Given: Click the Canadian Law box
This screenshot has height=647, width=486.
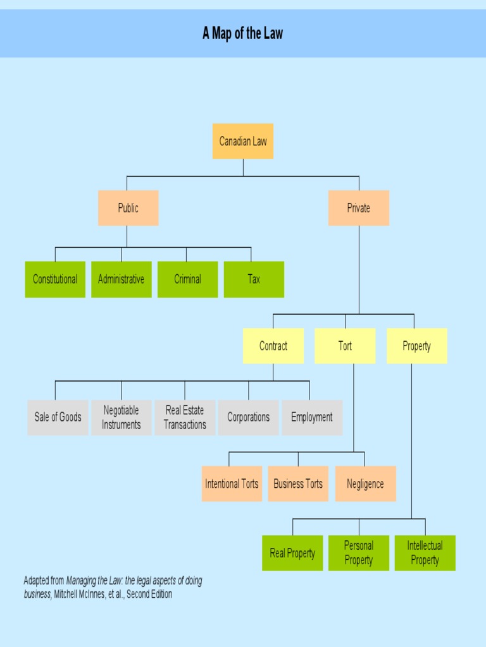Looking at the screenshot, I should pyautogui.click(x=243, y=141).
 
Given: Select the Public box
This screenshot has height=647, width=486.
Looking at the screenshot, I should pyautogui.click(x=128, y=208).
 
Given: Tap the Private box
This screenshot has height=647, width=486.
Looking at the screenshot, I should pyautogui.click(x=358, y=208).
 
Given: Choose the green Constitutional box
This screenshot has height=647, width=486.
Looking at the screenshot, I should pyautogui.click(x=55, y=279).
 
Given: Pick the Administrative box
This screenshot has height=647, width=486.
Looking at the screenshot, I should pyautogui.click(x=121, y=279).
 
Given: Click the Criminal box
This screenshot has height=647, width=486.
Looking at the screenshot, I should pyautogui.click(x=187, y=279).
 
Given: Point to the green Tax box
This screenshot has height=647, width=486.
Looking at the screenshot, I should pyautogui.click(x=254, y=279).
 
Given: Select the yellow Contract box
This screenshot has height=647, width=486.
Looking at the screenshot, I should pyautogui.click(x=273, y=346).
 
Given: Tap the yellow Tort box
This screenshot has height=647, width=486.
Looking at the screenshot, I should pyautogui.click(x=345, y=346).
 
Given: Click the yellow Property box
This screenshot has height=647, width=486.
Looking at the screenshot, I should pyautogui.click(x=416, y=346).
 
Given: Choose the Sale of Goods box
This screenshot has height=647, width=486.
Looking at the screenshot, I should pyautogui.click(x=58, y=417).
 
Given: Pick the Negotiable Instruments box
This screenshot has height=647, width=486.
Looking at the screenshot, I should pyautogui.click(x=121, y=417).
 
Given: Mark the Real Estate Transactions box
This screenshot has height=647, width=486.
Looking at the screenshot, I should pyautogui.click(x=185, y=417).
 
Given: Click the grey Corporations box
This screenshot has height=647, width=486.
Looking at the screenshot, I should pyautogui.click(x=248, y=417).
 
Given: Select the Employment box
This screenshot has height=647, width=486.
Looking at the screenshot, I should pyautogui.click(x=311, y=417).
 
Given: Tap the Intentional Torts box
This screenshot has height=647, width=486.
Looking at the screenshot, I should pyautogui.click(x=232, y=484).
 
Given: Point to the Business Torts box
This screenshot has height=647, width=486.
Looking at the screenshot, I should pyautogui.click(x=298, y=484).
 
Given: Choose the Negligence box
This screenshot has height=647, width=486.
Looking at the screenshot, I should pyautogui.click(x=365, y=484).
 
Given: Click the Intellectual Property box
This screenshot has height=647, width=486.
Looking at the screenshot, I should pyautogui.click(x=425, y=553).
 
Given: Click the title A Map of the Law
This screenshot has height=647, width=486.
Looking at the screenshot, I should pyautogui.click(x=243, y=33).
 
